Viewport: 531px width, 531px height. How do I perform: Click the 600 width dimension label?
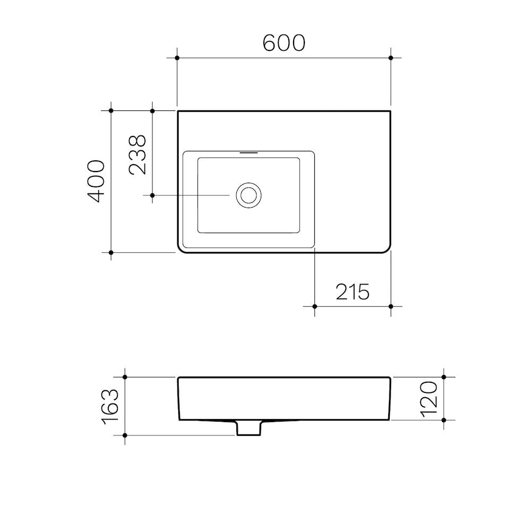[284, 43]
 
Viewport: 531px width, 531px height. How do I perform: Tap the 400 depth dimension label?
[96, 181]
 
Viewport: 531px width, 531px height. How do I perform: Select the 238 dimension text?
[138, 155]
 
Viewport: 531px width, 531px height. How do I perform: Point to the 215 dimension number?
[353, 292]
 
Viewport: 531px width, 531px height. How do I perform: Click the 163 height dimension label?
[110, 406]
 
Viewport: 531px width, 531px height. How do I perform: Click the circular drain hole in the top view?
[249, 195]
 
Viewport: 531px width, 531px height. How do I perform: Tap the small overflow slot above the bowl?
[249, 153]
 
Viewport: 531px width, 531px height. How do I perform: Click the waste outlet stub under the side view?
[249, 428]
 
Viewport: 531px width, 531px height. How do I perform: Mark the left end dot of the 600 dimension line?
[177, 58]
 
